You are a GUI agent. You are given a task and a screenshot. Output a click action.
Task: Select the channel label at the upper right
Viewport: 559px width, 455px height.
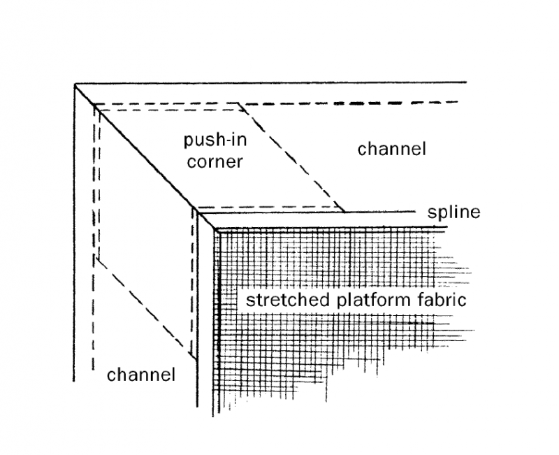[391, 149]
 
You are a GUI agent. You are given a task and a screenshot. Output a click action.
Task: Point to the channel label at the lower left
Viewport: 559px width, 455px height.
[140, 375]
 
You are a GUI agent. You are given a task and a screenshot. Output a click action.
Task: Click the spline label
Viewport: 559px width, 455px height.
[455, 212]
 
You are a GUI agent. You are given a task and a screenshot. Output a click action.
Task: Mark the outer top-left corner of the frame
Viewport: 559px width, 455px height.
[75, 84]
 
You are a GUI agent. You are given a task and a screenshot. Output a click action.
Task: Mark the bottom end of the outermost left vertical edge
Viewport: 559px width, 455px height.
[75, 380]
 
